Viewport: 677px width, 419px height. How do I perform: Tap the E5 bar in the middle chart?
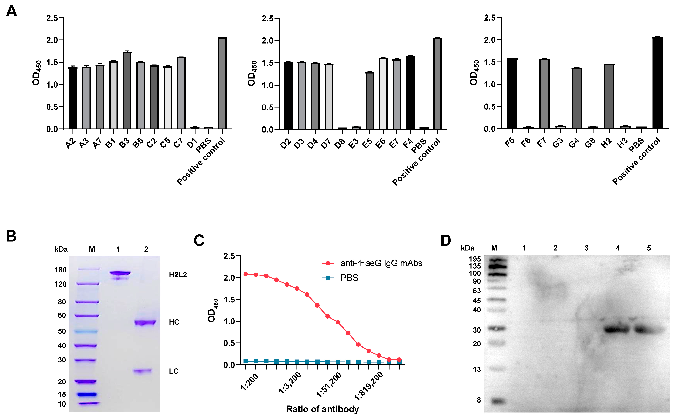[x=370, y=101]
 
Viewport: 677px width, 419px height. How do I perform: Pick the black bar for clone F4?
[x=410, y=93]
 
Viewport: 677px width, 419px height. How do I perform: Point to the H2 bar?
[x=609, y=97]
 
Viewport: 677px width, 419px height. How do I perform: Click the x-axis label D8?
[x=340, y=143]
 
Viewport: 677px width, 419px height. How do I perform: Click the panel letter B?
[x=11, y=236]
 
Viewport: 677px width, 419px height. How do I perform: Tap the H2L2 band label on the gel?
[x=178, y=275]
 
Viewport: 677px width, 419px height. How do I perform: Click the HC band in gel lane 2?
[x=145, y=323]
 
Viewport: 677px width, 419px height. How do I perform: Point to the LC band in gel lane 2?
[x=143, y=371]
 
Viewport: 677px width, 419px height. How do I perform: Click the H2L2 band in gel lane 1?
[x=120, y=273]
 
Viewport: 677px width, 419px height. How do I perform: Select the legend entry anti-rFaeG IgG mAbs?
[x=381, y=263]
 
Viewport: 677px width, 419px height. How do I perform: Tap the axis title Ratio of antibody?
[x=322, y=409]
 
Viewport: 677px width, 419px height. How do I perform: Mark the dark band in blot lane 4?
[x=617, y=330]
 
